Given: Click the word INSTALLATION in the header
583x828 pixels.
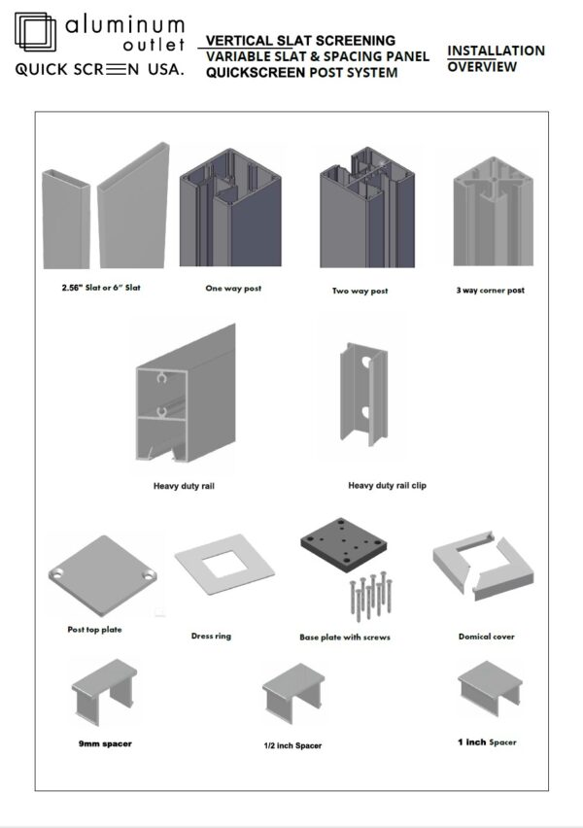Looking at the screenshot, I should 496,51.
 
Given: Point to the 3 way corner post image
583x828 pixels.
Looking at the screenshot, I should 494,209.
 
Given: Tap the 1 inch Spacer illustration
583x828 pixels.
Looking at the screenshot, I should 489,691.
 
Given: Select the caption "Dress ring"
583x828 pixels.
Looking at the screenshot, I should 212,636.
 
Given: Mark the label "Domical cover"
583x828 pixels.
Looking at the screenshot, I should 487,637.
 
